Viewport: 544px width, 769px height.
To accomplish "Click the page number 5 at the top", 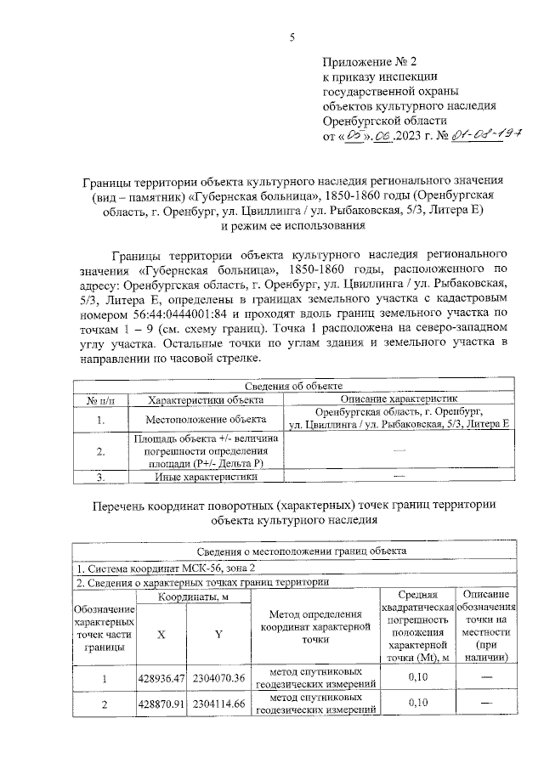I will click(x=292, y=37).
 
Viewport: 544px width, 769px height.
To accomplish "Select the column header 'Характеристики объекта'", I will click(x=203, y=399).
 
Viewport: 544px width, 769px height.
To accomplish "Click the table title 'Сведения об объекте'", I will click(x=292, y=387).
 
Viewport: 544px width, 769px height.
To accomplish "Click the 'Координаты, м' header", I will click(x=192, y=597).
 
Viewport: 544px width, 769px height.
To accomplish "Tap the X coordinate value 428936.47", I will click(x=161, y=677).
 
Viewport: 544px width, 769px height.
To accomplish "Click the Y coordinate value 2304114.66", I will click(x=219, y=704).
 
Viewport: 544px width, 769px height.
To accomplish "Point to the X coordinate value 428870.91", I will click(x=161, y=704).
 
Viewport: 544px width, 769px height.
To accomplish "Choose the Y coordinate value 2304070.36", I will click(x=219, y=677).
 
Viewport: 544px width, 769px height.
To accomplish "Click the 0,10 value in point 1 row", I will click(x=417, y=677).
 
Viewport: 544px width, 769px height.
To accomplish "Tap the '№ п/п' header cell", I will click(x=100, y=399).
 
